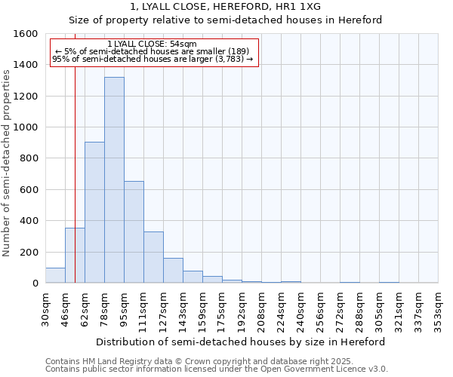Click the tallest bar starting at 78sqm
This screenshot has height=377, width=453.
pos(114,180)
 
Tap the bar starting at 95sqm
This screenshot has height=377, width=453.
pos(134,232)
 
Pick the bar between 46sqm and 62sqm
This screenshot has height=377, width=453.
pos(75,256)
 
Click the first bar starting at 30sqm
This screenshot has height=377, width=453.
pos(55,275)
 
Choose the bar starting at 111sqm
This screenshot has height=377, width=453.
pos(153,257)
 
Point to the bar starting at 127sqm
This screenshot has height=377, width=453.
pos(173,271)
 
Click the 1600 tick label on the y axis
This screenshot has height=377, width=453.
pos(26,34)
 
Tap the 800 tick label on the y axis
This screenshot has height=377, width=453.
pos(29,158)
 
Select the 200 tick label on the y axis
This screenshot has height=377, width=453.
pos(29,252)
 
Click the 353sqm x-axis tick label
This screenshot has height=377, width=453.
pos(439,309)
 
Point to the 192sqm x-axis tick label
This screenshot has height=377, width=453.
pos(242,309)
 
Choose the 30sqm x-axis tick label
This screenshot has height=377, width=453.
pos(46,309)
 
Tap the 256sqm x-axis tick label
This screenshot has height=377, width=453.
pos(321,309)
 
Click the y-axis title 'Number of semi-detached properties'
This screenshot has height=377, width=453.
pos(8,161)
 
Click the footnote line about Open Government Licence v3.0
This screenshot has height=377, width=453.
pos(217,369)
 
